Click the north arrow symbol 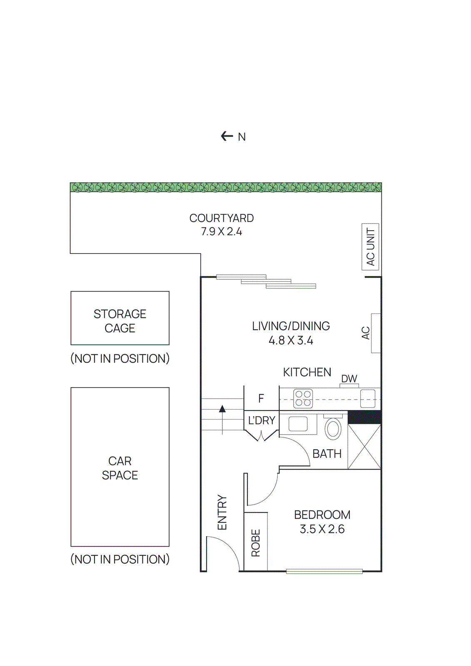(x=227, y=136)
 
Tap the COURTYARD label (x=222, y=218)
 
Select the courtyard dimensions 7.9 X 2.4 (x=222, y=232)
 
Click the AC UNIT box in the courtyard (x=370, y=247)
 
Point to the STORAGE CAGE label (x=120, y=321)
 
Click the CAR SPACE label (x=120, y=468)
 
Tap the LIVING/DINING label (x=291, y=326)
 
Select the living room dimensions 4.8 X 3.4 (x=291, y=340)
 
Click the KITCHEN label (x=307, y=372)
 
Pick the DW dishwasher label (x=349, y=379)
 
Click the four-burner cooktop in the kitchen (x=303, y=398)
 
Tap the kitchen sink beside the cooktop (x=368, y=398)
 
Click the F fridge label (x=261, y=399)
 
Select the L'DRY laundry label (x=262, y=420)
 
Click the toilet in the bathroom (x=333, y=428)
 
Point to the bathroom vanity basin (x=298, y=424)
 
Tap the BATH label (x=327, y=454)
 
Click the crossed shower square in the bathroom (x=364, y=447)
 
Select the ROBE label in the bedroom (x=256, y=543)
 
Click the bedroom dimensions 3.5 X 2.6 (x=322, y=529)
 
